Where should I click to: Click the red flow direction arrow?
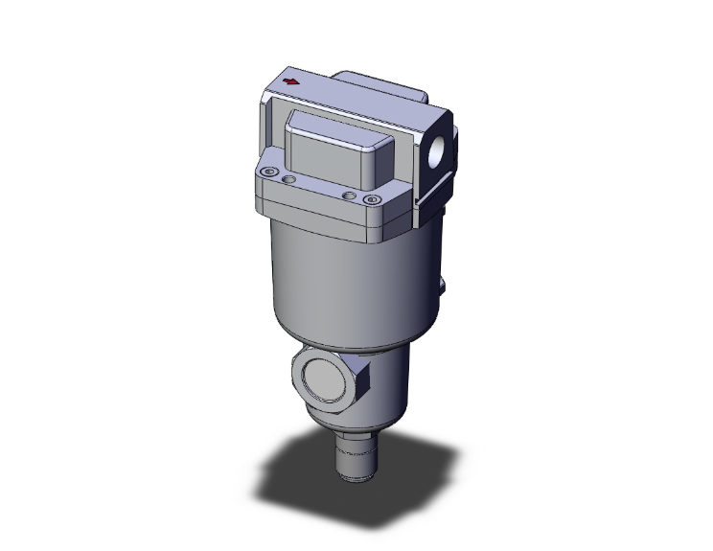pos(290,82)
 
